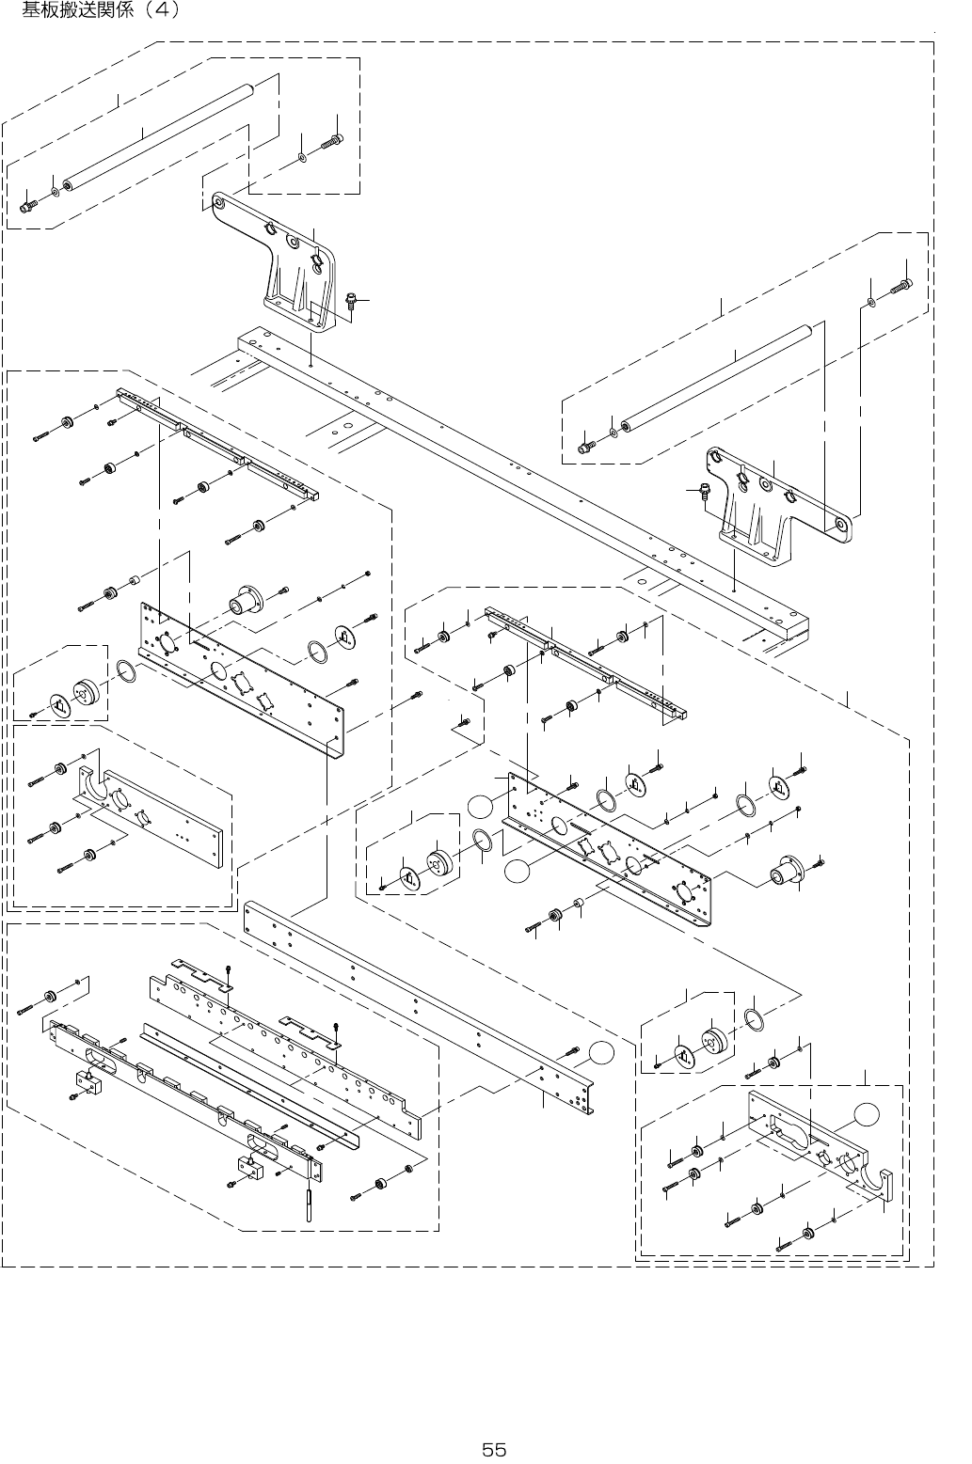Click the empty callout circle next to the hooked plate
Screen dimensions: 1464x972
click(868, 1113)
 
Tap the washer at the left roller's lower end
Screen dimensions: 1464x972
click(55, 192)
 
